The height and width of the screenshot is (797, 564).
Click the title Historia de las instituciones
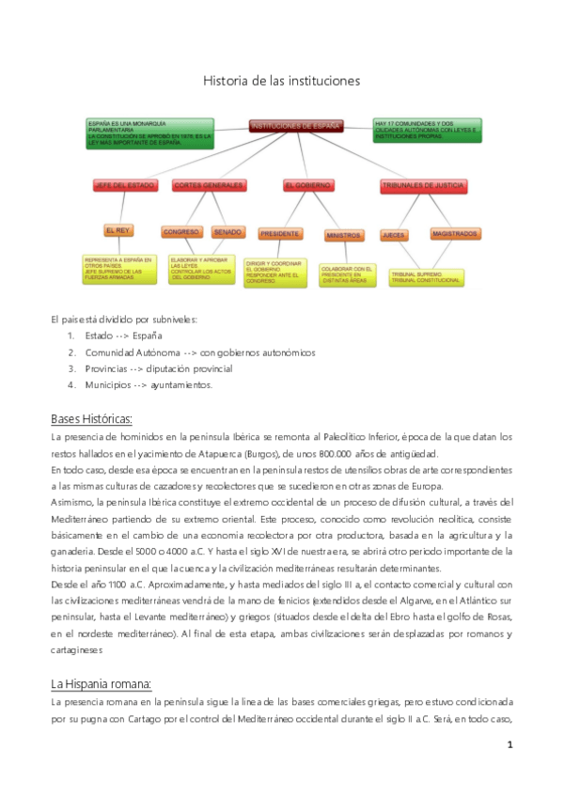(x=281, y=82)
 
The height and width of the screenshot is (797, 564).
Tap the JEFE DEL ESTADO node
(x=124, y=186)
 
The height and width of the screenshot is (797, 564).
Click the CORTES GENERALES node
(x=208, y=186)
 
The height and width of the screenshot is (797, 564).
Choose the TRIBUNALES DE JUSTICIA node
(x=422, y=186)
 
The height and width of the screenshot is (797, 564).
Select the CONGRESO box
(x=180, y=231)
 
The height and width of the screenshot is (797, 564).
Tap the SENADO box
(x=228, y=231)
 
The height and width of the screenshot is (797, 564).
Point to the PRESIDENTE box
(x=279, y=233)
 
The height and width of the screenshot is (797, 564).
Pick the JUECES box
(x=393, y=233)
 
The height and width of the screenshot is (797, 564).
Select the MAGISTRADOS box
(x=454, y=232)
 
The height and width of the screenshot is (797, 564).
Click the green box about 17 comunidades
(x=427, y=130)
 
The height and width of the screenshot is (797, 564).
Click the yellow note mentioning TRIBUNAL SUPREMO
(x=427, y=276)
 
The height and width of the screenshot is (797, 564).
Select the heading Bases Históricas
(x=91, y=418)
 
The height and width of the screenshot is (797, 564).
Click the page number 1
(x=509, y=745)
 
